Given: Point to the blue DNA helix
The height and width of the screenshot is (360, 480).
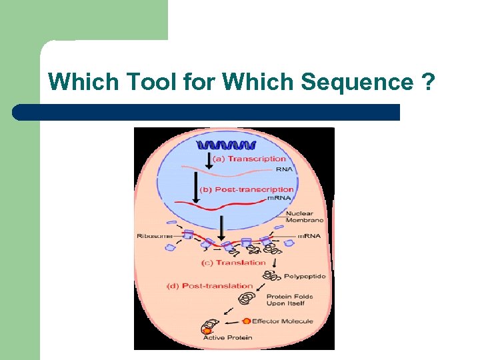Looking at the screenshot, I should pos(220,145).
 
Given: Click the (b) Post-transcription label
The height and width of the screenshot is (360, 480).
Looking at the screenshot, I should pos(255,190).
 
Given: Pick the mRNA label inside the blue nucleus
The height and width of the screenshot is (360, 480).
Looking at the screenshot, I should pos(279,199).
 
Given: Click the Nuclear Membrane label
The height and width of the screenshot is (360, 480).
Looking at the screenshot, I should pos(304,216).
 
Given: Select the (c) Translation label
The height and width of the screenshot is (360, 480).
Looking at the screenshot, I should pos(233,263).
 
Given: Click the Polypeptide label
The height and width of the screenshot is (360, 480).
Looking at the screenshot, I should pos(305,276).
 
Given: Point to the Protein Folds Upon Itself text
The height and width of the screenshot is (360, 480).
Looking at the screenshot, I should pos(285,300).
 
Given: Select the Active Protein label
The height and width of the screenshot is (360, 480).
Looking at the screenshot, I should pos(227,337).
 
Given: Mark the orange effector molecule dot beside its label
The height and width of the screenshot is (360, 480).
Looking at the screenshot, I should pos(246,321).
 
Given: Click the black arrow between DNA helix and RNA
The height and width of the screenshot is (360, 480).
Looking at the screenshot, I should pos(209,160).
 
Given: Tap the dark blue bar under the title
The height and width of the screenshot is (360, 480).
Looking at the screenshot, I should pos(207,112).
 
